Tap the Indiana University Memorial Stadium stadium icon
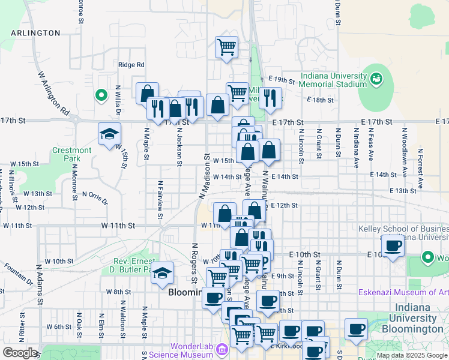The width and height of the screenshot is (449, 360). point(377,78)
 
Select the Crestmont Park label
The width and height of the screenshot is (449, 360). point(71,154)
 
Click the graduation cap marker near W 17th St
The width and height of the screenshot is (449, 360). point(109,133)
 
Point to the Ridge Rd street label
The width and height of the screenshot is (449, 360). point(131,65)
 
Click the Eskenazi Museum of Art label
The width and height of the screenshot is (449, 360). point(403,293)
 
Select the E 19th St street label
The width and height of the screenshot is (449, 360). point(282,80)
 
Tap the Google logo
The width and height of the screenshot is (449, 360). point(19,352)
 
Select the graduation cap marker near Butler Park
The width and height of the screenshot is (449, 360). point(162,272)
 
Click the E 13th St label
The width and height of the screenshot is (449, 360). point(402,191)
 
